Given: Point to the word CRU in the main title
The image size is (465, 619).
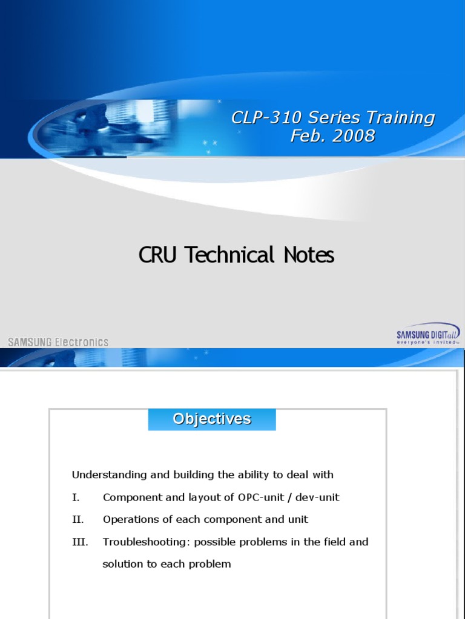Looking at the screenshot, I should [158, 255].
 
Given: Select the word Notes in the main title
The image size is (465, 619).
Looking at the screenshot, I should [312, 255].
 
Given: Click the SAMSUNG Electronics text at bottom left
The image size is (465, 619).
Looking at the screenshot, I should [58, 342].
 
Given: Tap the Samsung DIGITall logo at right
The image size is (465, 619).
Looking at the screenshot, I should [427, 334].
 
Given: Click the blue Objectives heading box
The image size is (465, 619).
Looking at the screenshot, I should [212, 419].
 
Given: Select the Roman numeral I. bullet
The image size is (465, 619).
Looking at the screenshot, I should [76, 497].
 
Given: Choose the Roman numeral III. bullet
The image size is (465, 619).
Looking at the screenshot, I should [79, 542].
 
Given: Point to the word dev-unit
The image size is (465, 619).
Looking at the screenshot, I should [318, 497].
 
